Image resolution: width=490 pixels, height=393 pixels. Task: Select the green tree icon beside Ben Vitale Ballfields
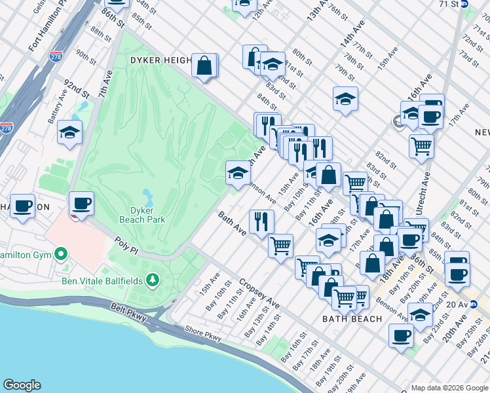point(153,281)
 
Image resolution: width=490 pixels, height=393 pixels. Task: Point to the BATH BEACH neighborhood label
point(352,319)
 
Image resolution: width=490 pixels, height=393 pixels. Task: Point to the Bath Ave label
point(232,223)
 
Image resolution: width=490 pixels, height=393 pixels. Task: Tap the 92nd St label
point(76,89)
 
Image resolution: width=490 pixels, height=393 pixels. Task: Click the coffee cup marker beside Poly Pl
point(81,204)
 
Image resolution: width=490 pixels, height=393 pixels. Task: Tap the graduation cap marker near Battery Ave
point(69,133)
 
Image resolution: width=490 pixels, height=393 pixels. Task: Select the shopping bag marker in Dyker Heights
point(204,66)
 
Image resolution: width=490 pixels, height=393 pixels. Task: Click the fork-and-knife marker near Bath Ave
point(261,221)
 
